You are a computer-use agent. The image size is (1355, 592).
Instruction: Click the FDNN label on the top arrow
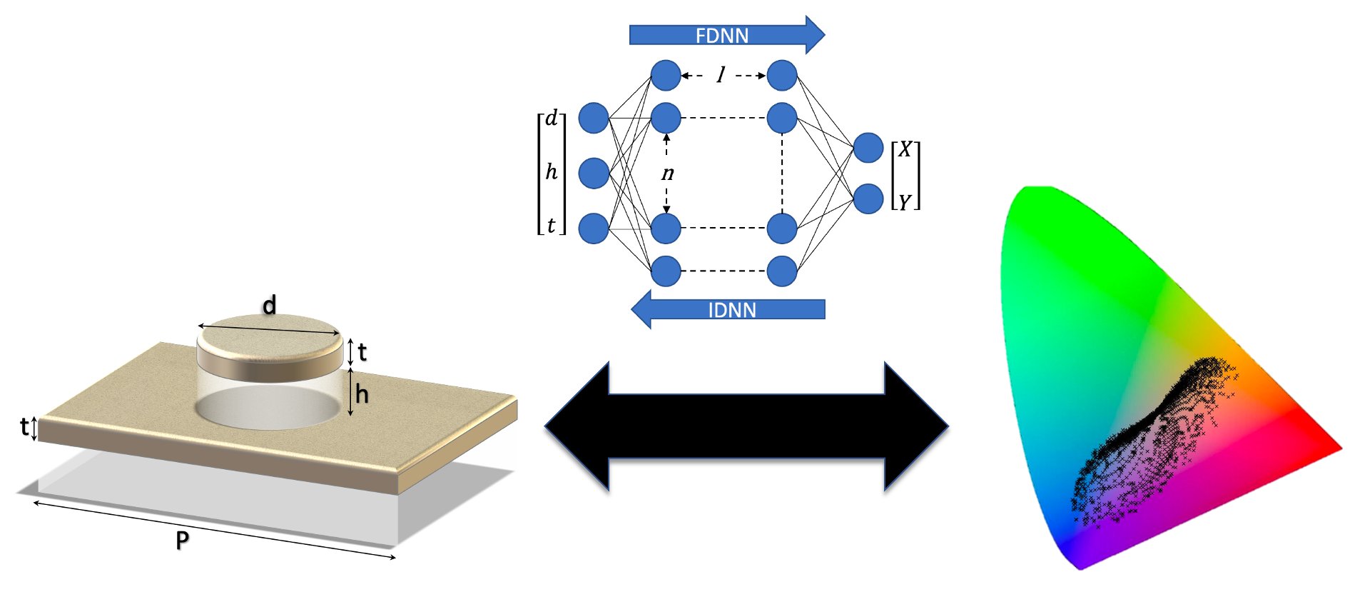tap(721, 36)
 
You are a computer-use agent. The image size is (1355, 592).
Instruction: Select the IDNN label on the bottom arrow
tap(731, 310)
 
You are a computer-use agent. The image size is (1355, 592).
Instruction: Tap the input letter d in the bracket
tap(551, 119)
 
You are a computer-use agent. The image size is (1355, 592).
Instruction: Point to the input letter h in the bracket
tap(551, 172)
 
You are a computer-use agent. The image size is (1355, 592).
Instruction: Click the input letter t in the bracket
tap(551, 226)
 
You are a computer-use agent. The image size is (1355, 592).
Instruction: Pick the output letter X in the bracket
tap(905, 150)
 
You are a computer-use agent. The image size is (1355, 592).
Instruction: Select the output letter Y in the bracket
tap(905, 203)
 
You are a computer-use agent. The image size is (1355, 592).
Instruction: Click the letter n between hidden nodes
tap(668, 174)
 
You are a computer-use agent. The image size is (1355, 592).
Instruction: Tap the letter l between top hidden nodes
tap(721, 74)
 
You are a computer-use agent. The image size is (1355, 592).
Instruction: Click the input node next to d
tap(594, 118)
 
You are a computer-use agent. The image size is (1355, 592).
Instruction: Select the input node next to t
tap(594, 229)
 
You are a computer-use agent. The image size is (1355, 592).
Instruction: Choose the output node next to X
tap(868, 148)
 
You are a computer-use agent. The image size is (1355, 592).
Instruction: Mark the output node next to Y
tap(868, 199)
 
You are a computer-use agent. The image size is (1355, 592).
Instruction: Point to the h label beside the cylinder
tap(362, 394)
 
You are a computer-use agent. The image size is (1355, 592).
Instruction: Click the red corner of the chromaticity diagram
tap(1327, 446)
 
